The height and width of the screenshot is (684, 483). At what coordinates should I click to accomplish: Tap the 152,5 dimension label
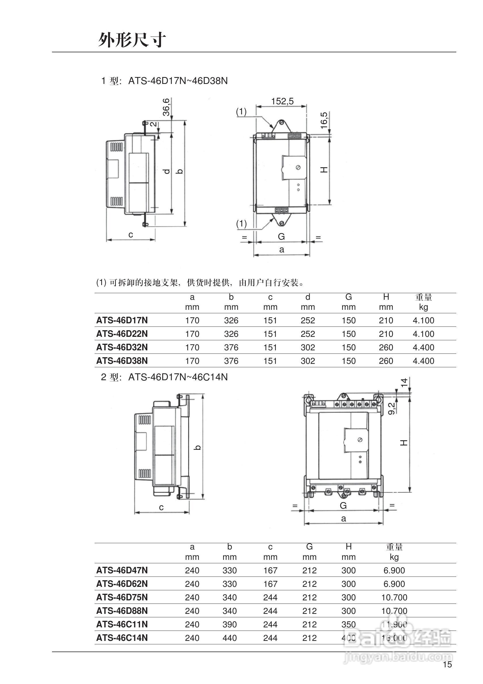pyautogui.click(x=282, y=101)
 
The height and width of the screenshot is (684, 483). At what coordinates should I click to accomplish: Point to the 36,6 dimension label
pyautogui.click(x=166, y=107)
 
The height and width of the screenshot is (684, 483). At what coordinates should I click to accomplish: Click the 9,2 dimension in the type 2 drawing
pyautogui.click(x=392, y=408)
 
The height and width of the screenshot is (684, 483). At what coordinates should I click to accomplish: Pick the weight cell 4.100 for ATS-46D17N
pyautogui.click(x=423, y=320)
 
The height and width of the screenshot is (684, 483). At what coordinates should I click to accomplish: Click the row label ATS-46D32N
pyautogui.click(x=122, y=347)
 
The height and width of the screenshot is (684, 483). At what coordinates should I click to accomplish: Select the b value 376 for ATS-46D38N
pyautogui.click(x=231, y=361)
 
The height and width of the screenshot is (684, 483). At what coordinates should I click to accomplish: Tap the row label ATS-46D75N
pyautogui.click(x=122, y=597)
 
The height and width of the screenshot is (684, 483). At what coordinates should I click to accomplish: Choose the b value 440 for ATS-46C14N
pyautogui.click(x=229, y=638)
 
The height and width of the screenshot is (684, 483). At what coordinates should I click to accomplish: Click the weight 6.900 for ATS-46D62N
pyautogui.click(x=394, y=584)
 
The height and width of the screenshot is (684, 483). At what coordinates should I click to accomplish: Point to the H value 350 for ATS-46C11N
pyautogui.click(x=348, y=625)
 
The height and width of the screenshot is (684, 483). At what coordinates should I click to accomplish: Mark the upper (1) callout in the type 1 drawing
pyautogui.click(x=241, y=112)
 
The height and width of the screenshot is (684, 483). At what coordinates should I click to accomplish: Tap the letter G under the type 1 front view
pyautogui.click(x=281, y=237)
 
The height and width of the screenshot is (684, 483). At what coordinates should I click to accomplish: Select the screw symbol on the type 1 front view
pyautogui.click(x=298, y=168)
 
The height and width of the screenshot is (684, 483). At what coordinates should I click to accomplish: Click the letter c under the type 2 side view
pyautogui.click(x=161, y=507)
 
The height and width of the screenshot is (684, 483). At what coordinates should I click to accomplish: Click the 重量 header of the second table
pyautogui.click(x=394, y=547)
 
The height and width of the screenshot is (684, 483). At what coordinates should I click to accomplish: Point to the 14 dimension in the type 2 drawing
pyautogui.click(x=404, y=382)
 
